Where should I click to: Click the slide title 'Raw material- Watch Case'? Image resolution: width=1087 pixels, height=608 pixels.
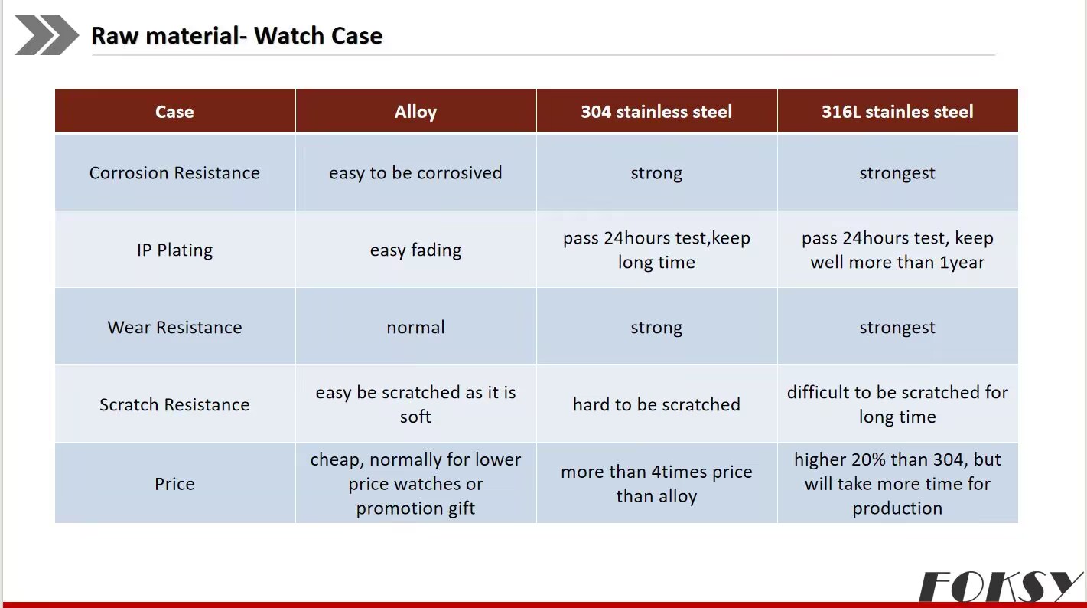click(237, 35)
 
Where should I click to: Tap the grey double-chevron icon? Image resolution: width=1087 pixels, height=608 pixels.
click(47, 35)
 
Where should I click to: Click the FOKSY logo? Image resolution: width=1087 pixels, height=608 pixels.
click(1000, 587)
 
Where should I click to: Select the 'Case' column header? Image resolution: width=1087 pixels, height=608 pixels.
click(174, 112)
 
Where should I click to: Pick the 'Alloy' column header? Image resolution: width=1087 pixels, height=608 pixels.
click(415, 112)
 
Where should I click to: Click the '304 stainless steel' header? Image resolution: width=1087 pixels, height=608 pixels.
click(656, 112)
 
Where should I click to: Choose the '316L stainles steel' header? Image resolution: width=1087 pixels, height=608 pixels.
click(897, 112)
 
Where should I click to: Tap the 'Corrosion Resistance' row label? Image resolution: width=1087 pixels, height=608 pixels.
click(174, 173)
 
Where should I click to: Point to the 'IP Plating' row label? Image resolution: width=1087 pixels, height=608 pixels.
click(174, 250)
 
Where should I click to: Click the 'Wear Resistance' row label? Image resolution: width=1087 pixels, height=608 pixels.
click(174, 327)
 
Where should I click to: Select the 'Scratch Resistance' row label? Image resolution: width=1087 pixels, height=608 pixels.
click(174, 404)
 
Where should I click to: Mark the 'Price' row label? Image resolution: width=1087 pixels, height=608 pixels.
click(174, 484)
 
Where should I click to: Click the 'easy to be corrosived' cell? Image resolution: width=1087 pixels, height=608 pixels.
click(415, 173)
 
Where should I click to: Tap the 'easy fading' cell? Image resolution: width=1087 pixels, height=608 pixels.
click(415, 250)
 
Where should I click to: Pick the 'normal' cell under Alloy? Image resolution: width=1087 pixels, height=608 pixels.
click(415, 327)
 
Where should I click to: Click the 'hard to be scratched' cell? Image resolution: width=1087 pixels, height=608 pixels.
click(656, 404)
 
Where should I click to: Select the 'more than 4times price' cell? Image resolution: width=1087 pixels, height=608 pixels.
click(656, 484)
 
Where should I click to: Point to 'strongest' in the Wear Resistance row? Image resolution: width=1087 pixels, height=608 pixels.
click(897, 328)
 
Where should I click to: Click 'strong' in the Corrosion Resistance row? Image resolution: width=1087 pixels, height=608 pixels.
click(656, 173)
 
